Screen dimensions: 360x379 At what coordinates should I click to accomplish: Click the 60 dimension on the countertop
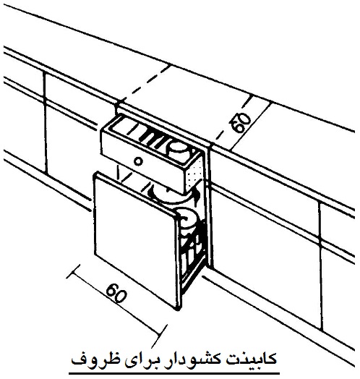pos(243,123)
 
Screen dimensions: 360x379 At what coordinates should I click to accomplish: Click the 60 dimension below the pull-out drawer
pos(116,293)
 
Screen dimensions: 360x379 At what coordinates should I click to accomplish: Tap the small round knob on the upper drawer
pos(138,161)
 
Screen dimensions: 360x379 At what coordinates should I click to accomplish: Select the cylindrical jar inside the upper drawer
pos(179,151)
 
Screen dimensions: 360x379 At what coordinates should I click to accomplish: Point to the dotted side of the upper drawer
pos(195,171)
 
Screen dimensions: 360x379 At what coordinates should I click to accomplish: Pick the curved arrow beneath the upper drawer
pos(173,195)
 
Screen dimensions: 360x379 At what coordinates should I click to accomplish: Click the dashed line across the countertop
pos(146,82)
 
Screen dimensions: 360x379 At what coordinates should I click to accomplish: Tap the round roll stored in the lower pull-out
pos(187,218)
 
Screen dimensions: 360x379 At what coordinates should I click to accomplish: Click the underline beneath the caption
pos(174,373)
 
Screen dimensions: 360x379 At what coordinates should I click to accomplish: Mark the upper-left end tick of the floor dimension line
pos(73,271)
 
